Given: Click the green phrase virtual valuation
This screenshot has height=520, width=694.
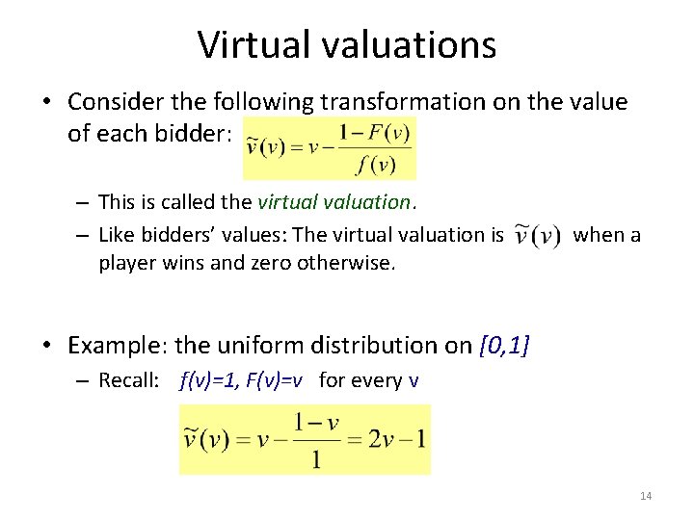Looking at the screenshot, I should tap(335, 202).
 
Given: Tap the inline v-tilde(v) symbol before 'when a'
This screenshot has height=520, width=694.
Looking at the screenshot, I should tap(537, 236).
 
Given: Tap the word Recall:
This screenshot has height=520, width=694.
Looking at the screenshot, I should tap(128, 380).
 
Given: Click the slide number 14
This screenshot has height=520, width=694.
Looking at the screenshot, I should tap(646, 496).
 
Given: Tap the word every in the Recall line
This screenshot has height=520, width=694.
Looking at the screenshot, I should tap(378, 380).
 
